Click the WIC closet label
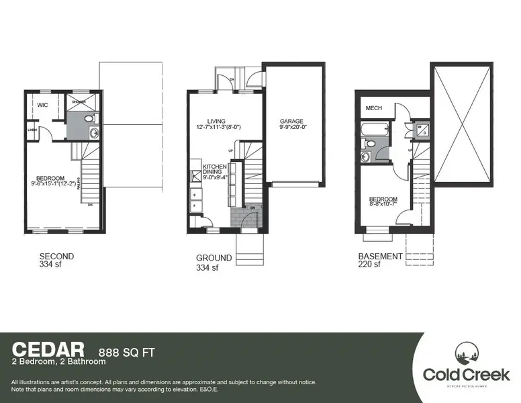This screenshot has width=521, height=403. [42, 105]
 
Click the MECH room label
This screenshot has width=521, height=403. [374, 108]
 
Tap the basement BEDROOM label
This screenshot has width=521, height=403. [383, 199]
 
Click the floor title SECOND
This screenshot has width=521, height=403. [56, 257]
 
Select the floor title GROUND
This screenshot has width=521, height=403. [214, 258]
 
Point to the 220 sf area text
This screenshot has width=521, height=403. [369, 265]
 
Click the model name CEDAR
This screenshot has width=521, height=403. [48, 349]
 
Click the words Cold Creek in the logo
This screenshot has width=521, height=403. [466, 374]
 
